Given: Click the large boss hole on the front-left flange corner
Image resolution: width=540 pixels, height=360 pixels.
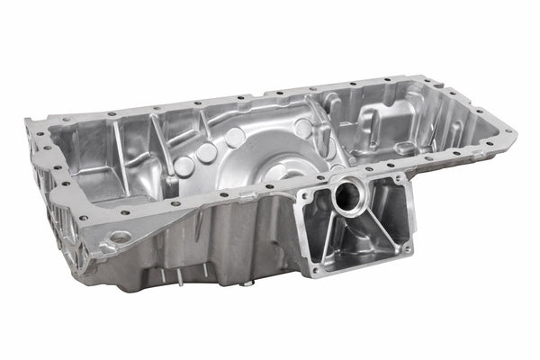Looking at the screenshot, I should pos(119,238).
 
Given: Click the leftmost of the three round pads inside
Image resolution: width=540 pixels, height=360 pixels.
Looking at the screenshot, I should pos(184,166).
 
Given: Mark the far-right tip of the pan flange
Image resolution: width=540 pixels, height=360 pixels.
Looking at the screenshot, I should pos(514,131).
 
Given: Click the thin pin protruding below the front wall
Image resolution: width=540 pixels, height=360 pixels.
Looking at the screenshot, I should pos(177,276).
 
